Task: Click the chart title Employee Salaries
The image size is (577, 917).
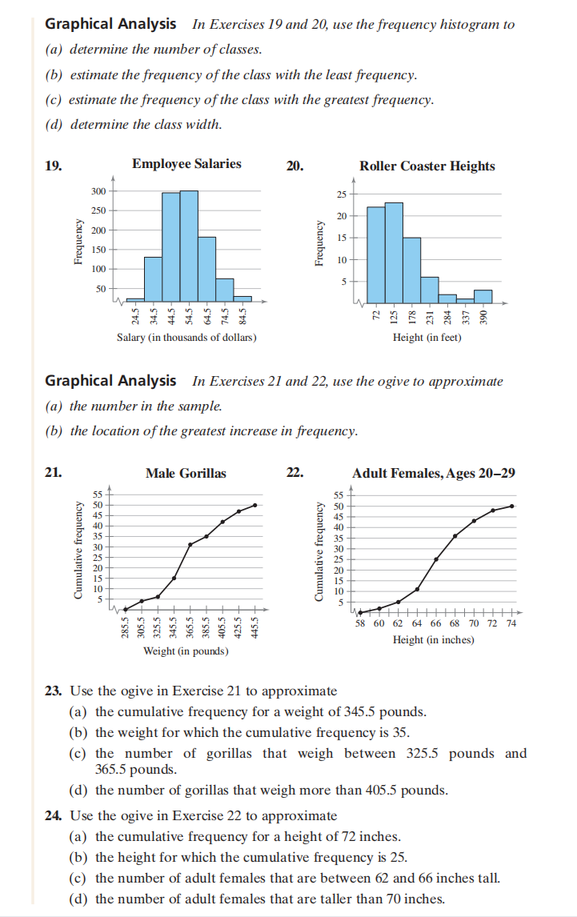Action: (x=186, y=164)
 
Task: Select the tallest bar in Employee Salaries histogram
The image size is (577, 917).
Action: (x=189, y=245)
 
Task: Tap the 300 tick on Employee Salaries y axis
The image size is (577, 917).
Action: (x=98, y=191)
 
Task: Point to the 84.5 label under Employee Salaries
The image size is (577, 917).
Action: (x=243, y=314)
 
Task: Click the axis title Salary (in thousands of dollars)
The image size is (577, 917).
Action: (x=186, y=338)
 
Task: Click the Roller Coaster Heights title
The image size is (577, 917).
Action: (x=427, y=166)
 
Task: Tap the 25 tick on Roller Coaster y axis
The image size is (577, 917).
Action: (x=341, y=194)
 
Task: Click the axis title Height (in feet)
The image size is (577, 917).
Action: (x=427, y=338)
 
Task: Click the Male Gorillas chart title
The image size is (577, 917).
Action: (x=186, y=473)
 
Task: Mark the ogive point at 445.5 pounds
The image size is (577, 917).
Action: (x=255, y=505)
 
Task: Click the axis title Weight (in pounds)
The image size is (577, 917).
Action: (x=185, y=651)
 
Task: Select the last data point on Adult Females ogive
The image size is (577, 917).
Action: (x=512, y=506)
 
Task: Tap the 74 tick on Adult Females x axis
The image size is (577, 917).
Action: (x=512, y=623)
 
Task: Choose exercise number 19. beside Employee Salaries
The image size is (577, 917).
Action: (x=54, y=166)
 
